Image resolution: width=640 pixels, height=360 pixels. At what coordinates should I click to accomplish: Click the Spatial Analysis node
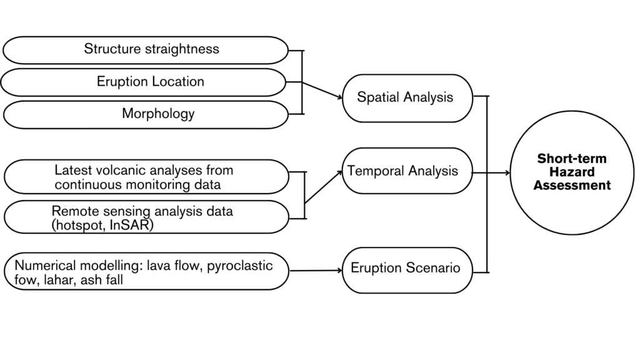point(405,98)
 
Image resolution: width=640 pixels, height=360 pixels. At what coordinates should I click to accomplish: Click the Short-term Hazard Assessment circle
point(572,172)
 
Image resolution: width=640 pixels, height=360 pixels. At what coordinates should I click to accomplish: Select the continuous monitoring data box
point(146,177)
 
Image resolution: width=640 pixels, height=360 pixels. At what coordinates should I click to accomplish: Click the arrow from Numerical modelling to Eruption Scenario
point(316,271)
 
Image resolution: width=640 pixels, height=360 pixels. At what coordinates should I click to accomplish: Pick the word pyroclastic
point(240,266)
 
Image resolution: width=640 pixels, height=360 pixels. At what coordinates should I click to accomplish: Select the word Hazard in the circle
point(572,172)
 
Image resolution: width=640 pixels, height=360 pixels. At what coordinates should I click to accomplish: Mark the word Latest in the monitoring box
point(73,170)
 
